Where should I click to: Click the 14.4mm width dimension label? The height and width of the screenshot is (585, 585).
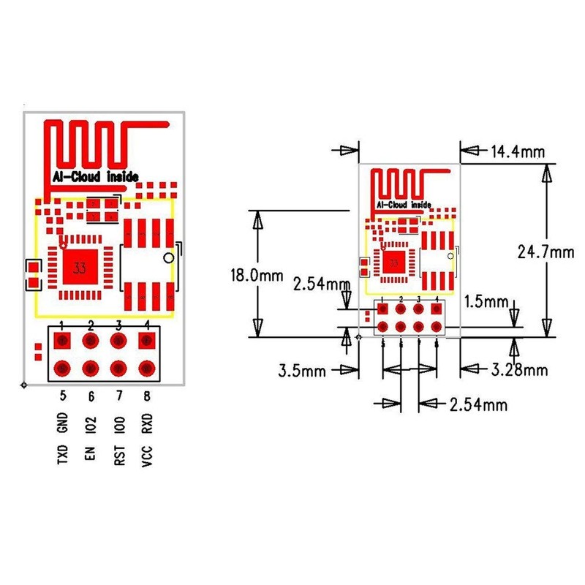[518, 152]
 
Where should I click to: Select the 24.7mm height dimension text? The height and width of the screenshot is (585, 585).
[546, 252]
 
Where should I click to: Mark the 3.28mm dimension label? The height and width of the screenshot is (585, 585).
[519, 370]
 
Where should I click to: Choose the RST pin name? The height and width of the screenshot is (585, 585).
[119, 453]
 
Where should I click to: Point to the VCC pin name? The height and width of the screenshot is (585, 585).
[148, 453]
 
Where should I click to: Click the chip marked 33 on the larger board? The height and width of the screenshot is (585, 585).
[78, 268]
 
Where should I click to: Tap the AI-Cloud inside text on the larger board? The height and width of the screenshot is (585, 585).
[95, 177]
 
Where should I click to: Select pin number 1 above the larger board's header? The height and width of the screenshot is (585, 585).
[62, 324]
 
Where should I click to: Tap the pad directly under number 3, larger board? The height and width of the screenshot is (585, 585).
[119, 340]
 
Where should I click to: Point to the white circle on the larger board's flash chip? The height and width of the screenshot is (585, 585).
[168, 258]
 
